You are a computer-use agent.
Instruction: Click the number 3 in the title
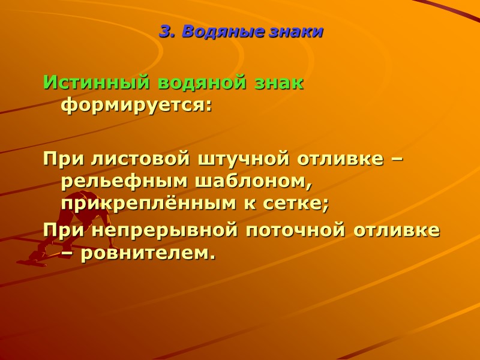(164, 32)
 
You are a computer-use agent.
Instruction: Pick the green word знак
(281, 83)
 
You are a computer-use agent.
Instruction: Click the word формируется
(137, 106)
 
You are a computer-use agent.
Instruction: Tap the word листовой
(140, 160)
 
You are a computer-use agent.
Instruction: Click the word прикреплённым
(142, 204)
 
